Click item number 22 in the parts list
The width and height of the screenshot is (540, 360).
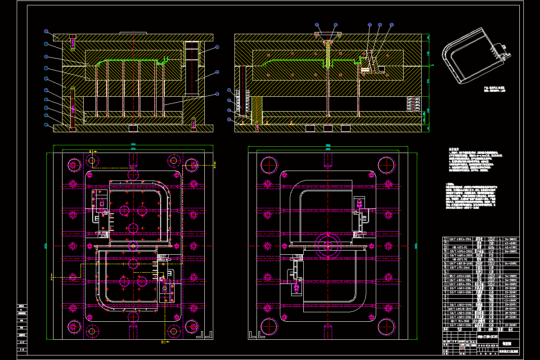446,239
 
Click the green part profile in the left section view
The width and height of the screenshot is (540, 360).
130,60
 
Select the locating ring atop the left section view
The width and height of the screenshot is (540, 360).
134,32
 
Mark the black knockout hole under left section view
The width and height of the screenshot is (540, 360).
133,129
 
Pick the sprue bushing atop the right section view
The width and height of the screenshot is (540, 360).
327,35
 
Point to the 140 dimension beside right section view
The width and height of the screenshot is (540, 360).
428,54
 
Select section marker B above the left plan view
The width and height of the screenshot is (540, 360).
90,151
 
